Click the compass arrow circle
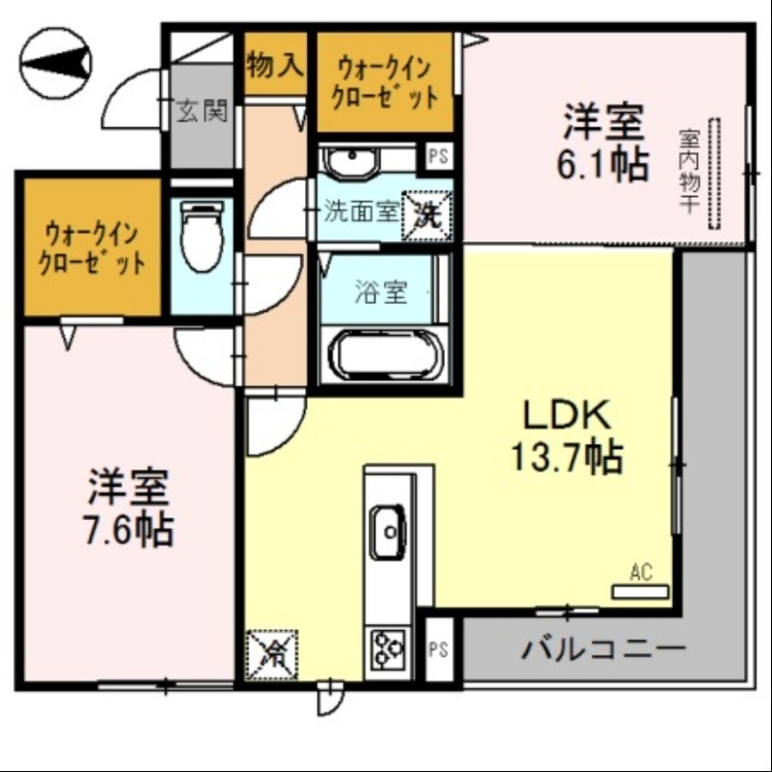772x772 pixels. [55, 64]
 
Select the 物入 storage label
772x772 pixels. [275, 66]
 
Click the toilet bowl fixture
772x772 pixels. [203, 235]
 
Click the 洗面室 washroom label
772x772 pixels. [360, 212]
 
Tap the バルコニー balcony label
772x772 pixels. [604, 647]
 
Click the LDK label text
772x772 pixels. [565, 416]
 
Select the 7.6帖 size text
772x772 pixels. [129, 528]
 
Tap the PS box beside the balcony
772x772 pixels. [439, 648]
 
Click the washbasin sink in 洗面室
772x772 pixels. [352, 160]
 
